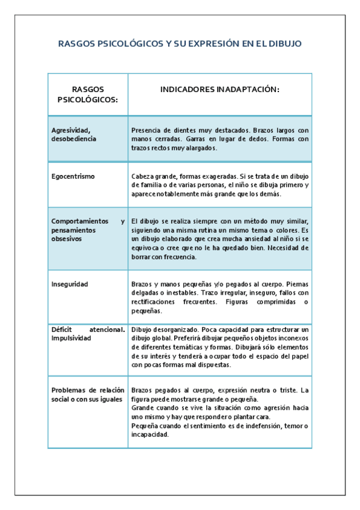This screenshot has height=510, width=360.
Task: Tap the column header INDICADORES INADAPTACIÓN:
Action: (220, 89)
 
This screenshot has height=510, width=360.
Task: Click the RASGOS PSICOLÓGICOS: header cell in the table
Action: (87, 94)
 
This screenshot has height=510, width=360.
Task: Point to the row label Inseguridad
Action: (70, 283)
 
